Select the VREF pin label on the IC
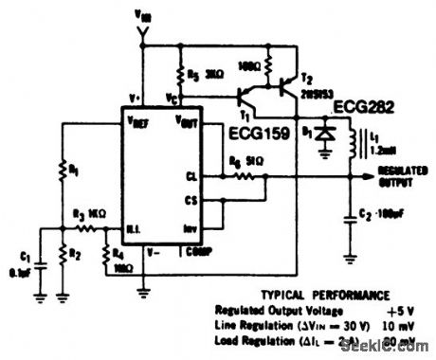pos(138,121)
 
